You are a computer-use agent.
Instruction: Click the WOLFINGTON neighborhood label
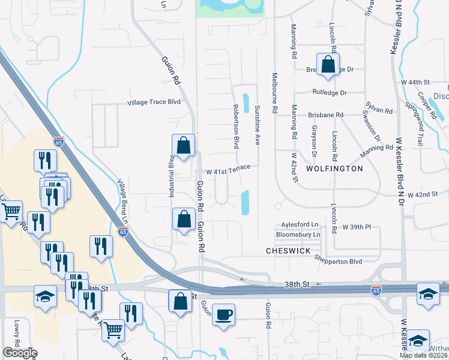(x=334, y=169)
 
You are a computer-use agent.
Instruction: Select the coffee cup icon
(x=223, y=315)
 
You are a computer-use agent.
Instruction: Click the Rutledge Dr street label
(x=330, y=93)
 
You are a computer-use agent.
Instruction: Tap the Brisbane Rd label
(x=325, y=114)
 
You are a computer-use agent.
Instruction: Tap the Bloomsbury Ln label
(x=298, y=234)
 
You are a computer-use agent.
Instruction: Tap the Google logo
(x=20, y=353)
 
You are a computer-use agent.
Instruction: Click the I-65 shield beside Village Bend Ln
(x=122, y=233)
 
